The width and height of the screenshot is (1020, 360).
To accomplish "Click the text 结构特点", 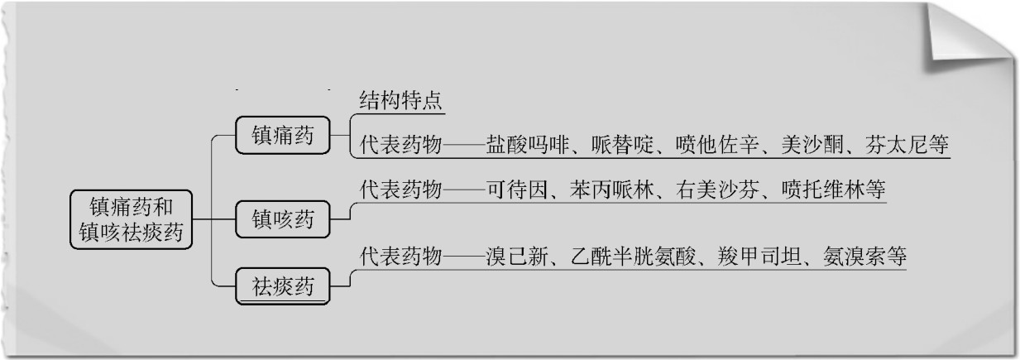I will pyautogui.click(x=402, y=102).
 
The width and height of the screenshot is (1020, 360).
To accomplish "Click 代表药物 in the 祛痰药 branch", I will pyautogui.click(x=401, y=256).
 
